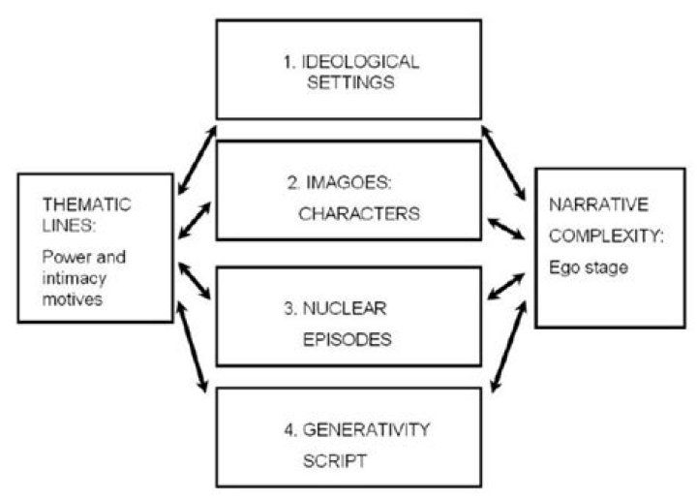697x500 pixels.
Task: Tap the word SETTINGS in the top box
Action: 349,82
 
